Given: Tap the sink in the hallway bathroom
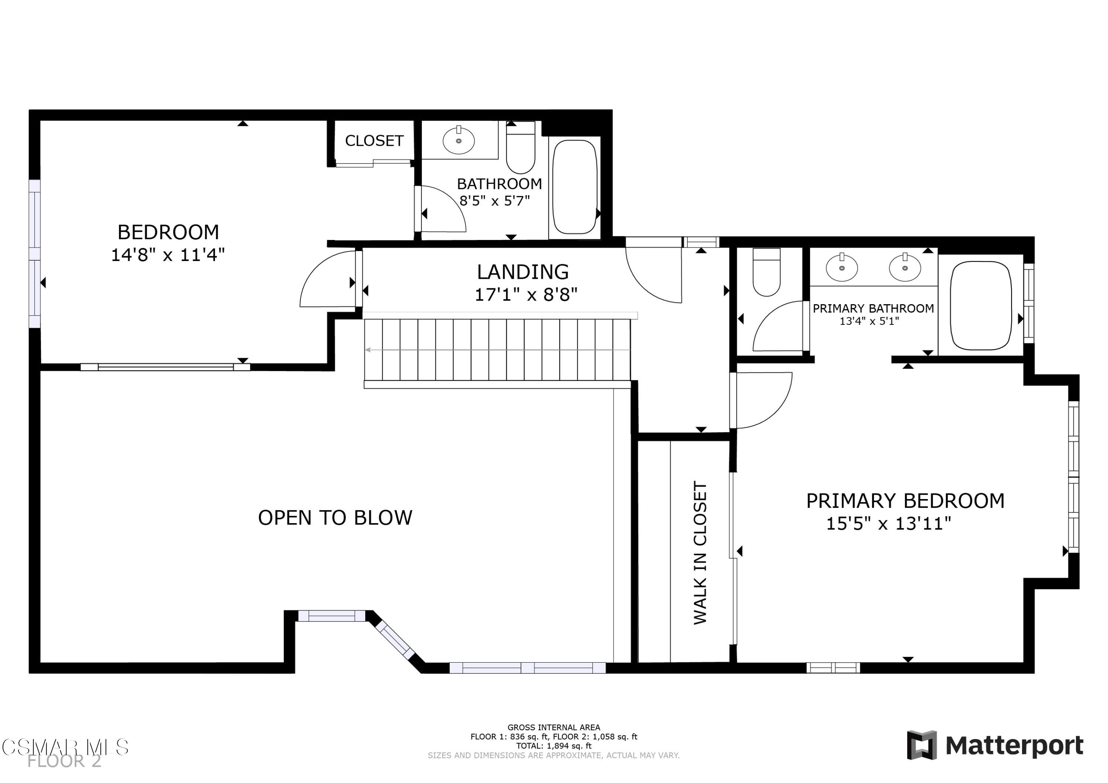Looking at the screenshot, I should click(x=458, y=140).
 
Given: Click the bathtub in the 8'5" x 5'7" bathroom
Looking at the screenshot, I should click(x=574, y=187).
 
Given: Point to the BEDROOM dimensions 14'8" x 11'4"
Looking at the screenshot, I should click(x=168, y=255).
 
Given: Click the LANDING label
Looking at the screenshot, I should click(x=523, y=272).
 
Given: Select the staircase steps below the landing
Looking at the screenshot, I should click(x=497, y=350).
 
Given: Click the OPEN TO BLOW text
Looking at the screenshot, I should click(x=335, y=518).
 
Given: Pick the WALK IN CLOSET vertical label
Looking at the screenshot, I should click(x=700, y=552).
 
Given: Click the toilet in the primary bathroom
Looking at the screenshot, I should click(x=766, y=272).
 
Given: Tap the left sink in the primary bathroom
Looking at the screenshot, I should click(x=842, y=268).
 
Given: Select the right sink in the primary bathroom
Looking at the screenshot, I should click(x=905, y=268).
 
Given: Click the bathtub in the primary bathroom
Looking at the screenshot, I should click(x=981, y=305).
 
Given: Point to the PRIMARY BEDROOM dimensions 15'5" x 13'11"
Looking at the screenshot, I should click(x=888, y=523).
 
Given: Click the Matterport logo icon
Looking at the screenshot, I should click(x=922, y=745).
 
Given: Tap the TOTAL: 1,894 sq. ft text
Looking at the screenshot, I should click(x=554, y=745).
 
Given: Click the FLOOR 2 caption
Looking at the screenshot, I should click(x=64, y=761).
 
